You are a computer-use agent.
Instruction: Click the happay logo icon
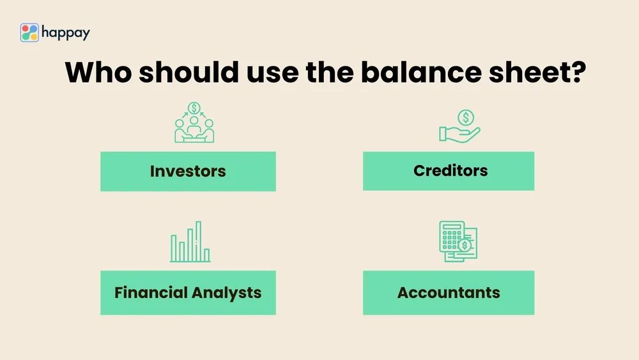coord(29,33)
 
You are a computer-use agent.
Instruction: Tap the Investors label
coord(188,171)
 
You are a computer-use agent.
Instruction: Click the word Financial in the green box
coord(151,293)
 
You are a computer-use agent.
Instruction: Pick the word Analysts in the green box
coord(226,293)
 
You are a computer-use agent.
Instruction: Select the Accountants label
coord(449,293)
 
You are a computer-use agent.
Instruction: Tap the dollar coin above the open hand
coord(466,117)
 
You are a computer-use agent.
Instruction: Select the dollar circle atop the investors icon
coord(194,108)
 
